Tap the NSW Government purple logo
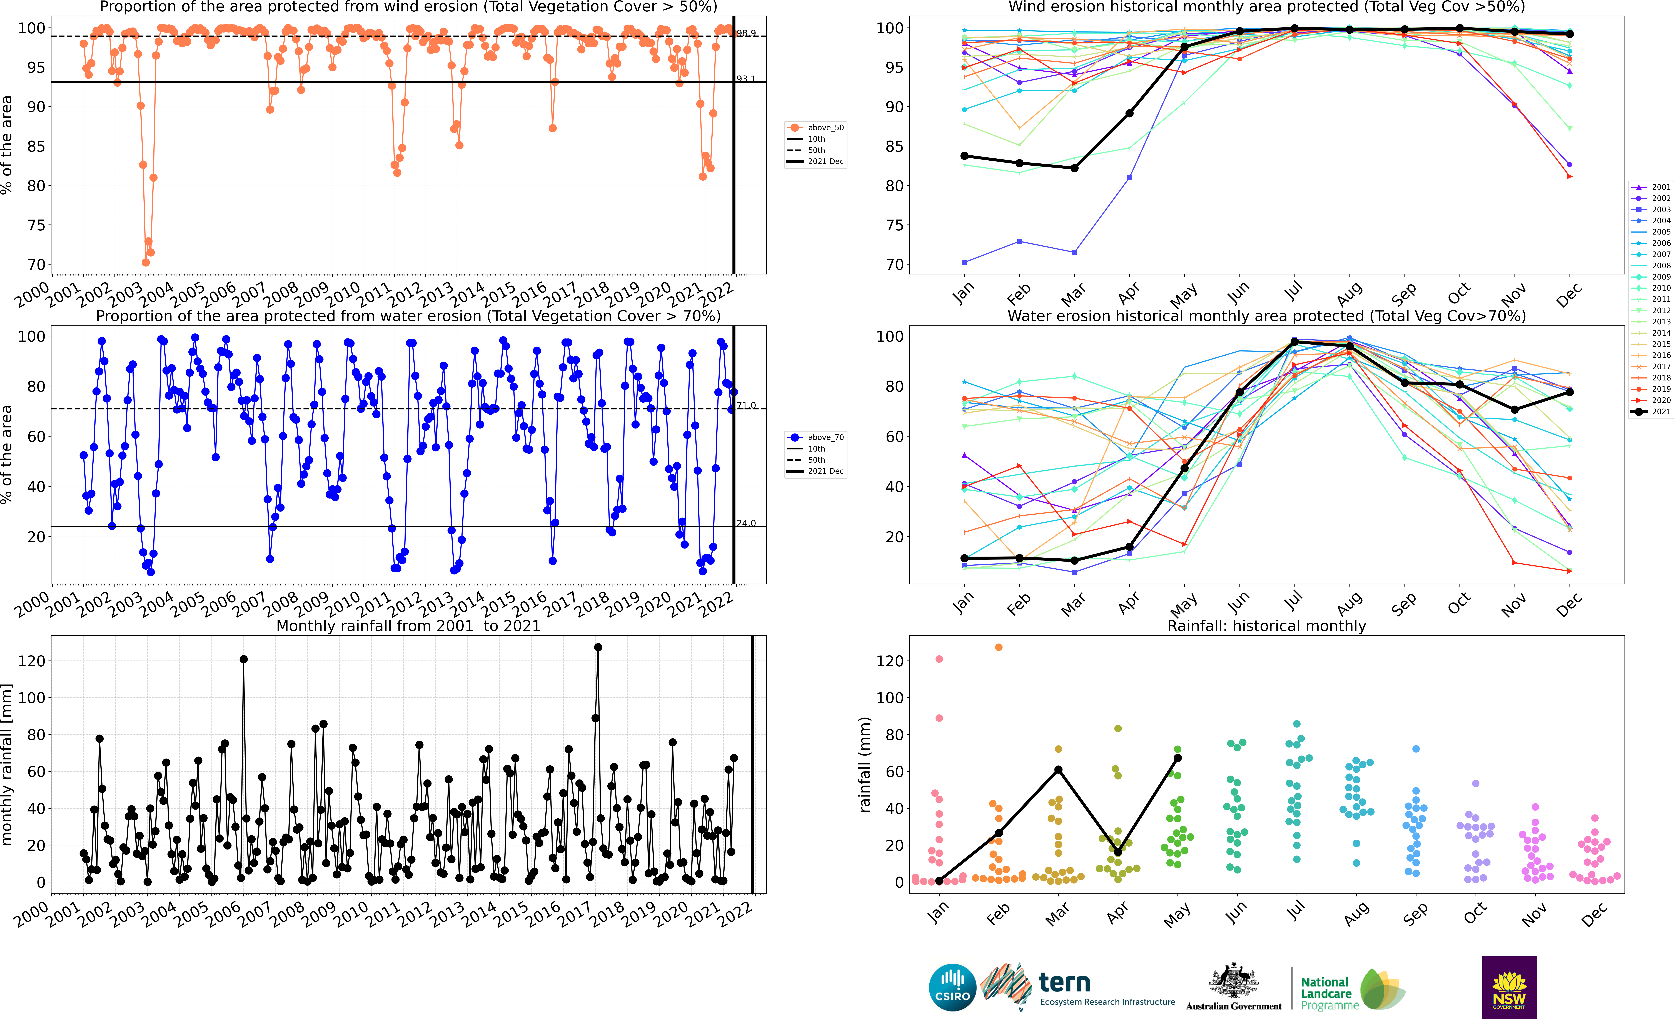pos(1509,987)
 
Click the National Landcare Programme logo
pos(1352,990)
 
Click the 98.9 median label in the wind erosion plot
pos(746,33)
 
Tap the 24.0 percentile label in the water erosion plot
pos(746,523)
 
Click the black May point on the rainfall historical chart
pos(1177,758)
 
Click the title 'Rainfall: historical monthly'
pos(1266,626)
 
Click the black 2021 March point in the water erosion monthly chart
pos(1074,560)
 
